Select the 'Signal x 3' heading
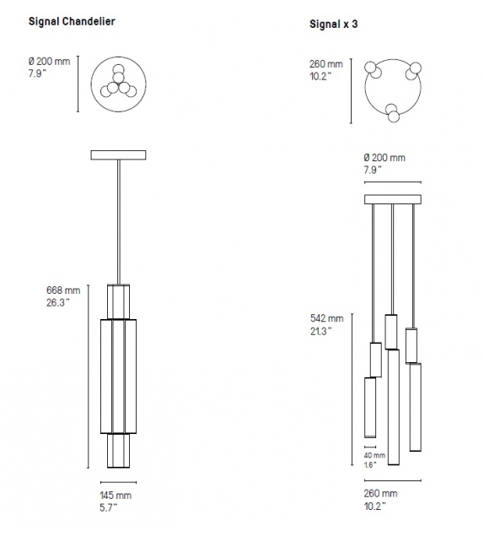(x=334, y=25)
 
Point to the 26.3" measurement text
(x=60, y=303)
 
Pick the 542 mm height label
(x=326, y=319)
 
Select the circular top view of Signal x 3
(x=392, y=88)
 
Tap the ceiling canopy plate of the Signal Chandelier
(x=118, y=154)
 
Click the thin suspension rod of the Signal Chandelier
(x=118, y=220)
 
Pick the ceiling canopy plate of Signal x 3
(x=392, y=199)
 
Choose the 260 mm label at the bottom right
(x=379, y=493)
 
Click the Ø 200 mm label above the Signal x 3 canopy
(x=384, y=158)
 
